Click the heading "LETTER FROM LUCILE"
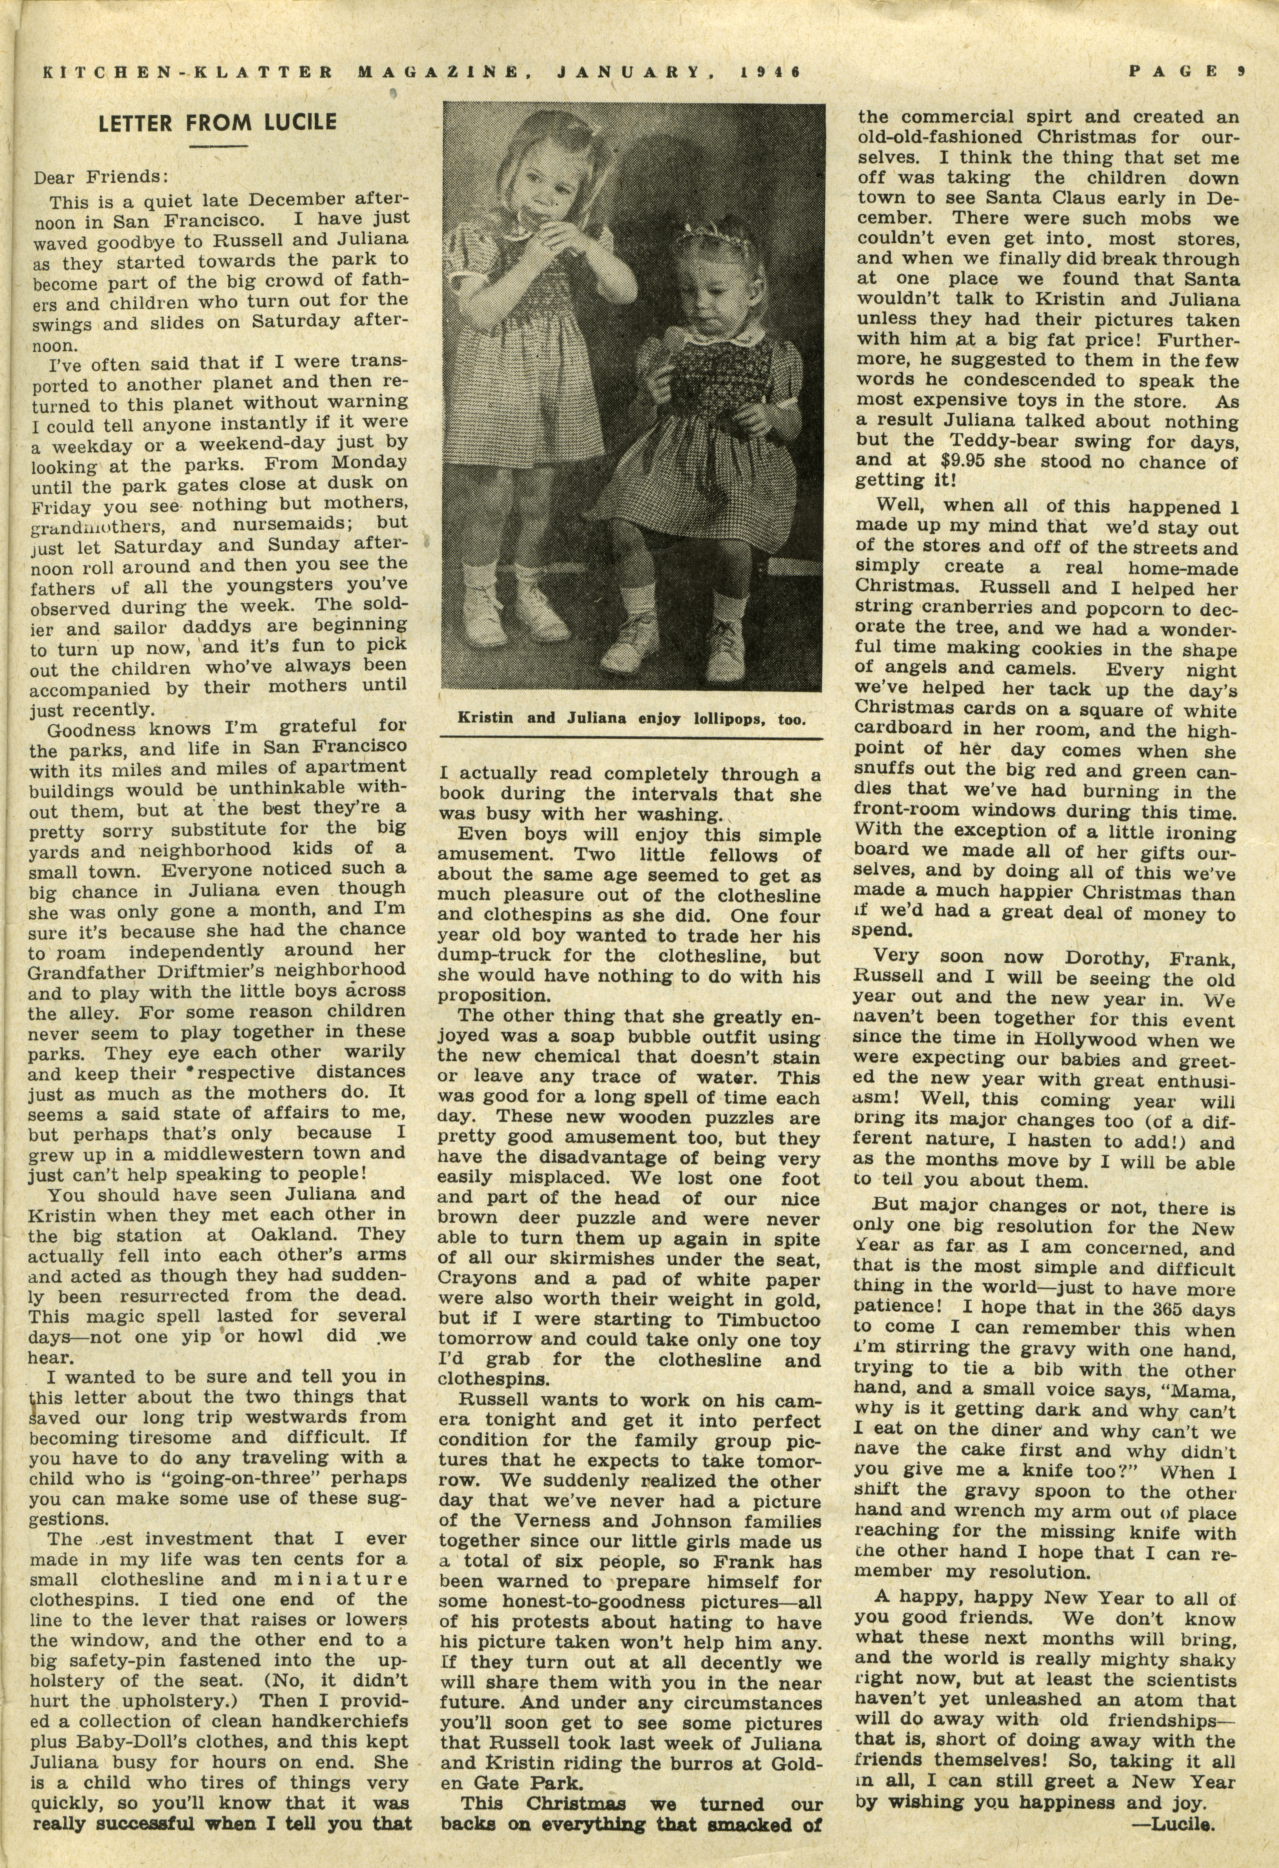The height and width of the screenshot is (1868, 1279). pos(217,123)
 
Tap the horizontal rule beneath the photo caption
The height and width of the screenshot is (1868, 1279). pos(631,738)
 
